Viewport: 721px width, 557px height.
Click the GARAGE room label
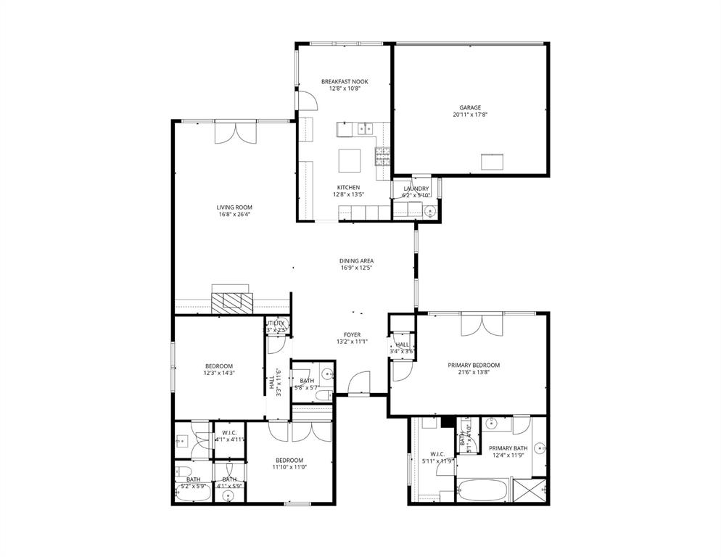[x=469, y=107]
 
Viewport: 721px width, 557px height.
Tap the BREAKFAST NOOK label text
[x=345, y=82]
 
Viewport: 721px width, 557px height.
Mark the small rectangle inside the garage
[x=493, y=161]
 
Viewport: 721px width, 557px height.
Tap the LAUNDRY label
[x=416, y=189]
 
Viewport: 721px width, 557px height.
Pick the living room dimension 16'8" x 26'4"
[x=234, y=214]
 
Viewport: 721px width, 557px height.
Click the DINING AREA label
[x=356, y=261]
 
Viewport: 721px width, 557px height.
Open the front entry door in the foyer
[x=358, y=384]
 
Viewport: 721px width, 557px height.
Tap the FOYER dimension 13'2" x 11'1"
[x=353, y=342]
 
